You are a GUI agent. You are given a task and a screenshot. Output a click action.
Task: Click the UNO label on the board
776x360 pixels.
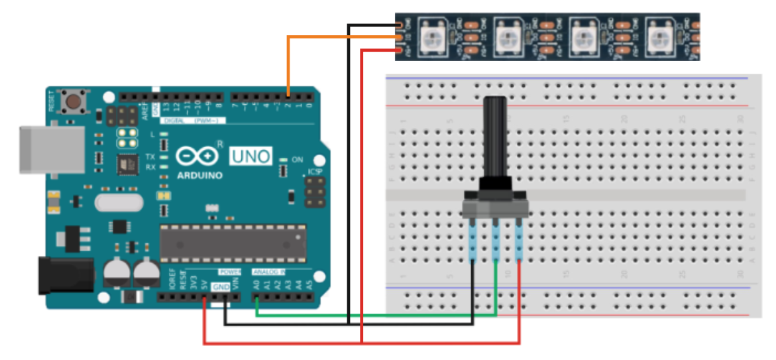[250, 156]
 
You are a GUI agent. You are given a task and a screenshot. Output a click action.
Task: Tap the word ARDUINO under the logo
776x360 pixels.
[200, 176]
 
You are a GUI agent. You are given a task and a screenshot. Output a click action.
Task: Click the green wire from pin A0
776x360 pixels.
[371, 315]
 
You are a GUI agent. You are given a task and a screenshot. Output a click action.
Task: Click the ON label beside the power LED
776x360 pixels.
[297, 160]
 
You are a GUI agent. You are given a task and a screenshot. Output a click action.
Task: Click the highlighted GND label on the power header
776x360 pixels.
[219, 286]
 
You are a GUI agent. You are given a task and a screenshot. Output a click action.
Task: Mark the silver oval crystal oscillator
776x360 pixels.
[119, 202]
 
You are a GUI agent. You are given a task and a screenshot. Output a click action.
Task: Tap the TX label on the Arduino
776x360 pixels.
[150, 156]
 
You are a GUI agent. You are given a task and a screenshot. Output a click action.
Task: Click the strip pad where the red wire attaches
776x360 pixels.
[399, 50]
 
